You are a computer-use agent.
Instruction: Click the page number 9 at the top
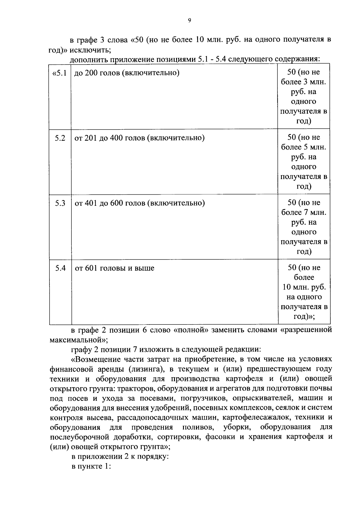coord(189,20)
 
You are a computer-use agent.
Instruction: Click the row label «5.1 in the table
coord(59,73)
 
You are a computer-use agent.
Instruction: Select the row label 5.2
coord(60,138)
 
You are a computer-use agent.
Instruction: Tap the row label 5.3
coord(60,203)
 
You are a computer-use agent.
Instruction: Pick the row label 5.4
coord(60,268)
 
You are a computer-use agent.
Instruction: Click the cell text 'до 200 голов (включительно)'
coord(127,73)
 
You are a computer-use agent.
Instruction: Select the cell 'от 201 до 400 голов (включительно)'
coord(139,138)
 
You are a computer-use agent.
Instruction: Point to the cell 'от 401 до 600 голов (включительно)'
coord(139,203)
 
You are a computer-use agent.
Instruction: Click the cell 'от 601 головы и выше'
coord(115,268)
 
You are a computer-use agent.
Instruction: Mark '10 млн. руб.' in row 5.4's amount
coord(304,287)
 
